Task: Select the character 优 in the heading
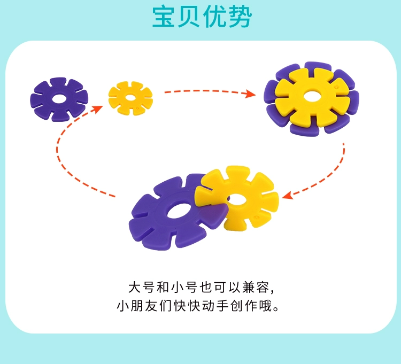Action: [214, 17]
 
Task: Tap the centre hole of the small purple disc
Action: [59, 99]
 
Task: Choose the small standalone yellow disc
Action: [130, 98]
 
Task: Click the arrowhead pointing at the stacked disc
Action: [250, 95]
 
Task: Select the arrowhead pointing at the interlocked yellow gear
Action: [287, 196]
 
